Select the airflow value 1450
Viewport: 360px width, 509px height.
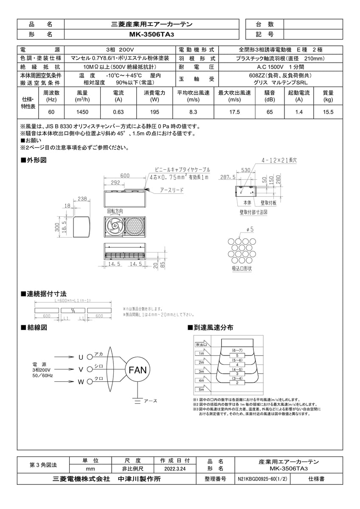click(82, 112)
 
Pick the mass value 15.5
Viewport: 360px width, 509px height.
click(328, 112)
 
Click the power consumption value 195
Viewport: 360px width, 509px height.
click(155, 112)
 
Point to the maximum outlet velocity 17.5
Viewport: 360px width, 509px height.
click(234, 112)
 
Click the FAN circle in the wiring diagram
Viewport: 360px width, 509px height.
click(138, 370)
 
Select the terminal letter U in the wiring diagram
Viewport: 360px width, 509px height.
click(81, 357)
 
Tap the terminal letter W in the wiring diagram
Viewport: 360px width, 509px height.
click(81, 382)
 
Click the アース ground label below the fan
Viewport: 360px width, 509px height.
click(150, 401)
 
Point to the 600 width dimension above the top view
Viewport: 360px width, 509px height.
click(125, 176)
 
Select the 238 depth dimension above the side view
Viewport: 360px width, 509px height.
click(82, 199)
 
